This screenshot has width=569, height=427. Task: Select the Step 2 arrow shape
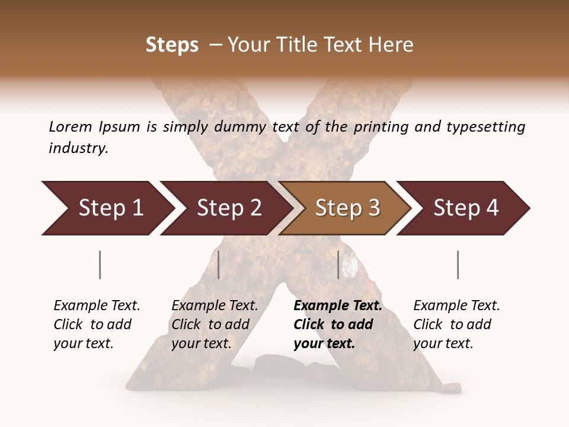[x=228, y=208]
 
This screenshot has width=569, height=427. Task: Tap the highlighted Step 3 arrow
[x=347, y=208]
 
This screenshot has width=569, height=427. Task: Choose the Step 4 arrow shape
[x=465, y=208]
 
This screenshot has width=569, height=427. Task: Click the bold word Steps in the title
[x=172, y=45]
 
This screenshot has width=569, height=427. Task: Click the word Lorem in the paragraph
[x=70, y=126]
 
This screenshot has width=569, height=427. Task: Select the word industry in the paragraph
[x=78, y=148]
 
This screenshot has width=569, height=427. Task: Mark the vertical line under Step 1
[x=100, y=265]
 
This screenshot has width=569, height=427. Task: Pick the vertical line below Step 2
[x=219, y=265]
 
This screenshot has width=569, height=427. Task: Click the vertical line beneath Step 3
[x=338, y=265]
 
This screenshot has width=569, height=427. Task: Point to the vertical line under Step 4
[x=458, y=265]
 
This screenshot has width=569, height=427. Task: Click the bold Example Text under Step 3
[x=338, y=306]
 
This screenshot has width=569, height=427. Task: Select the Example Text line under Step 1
[x=97, y=306]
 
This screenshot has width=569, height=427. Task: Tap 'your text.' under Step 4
[x=443, y=344]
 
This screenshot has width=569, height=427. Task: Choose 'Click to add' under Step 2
[x=210, y=325]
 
